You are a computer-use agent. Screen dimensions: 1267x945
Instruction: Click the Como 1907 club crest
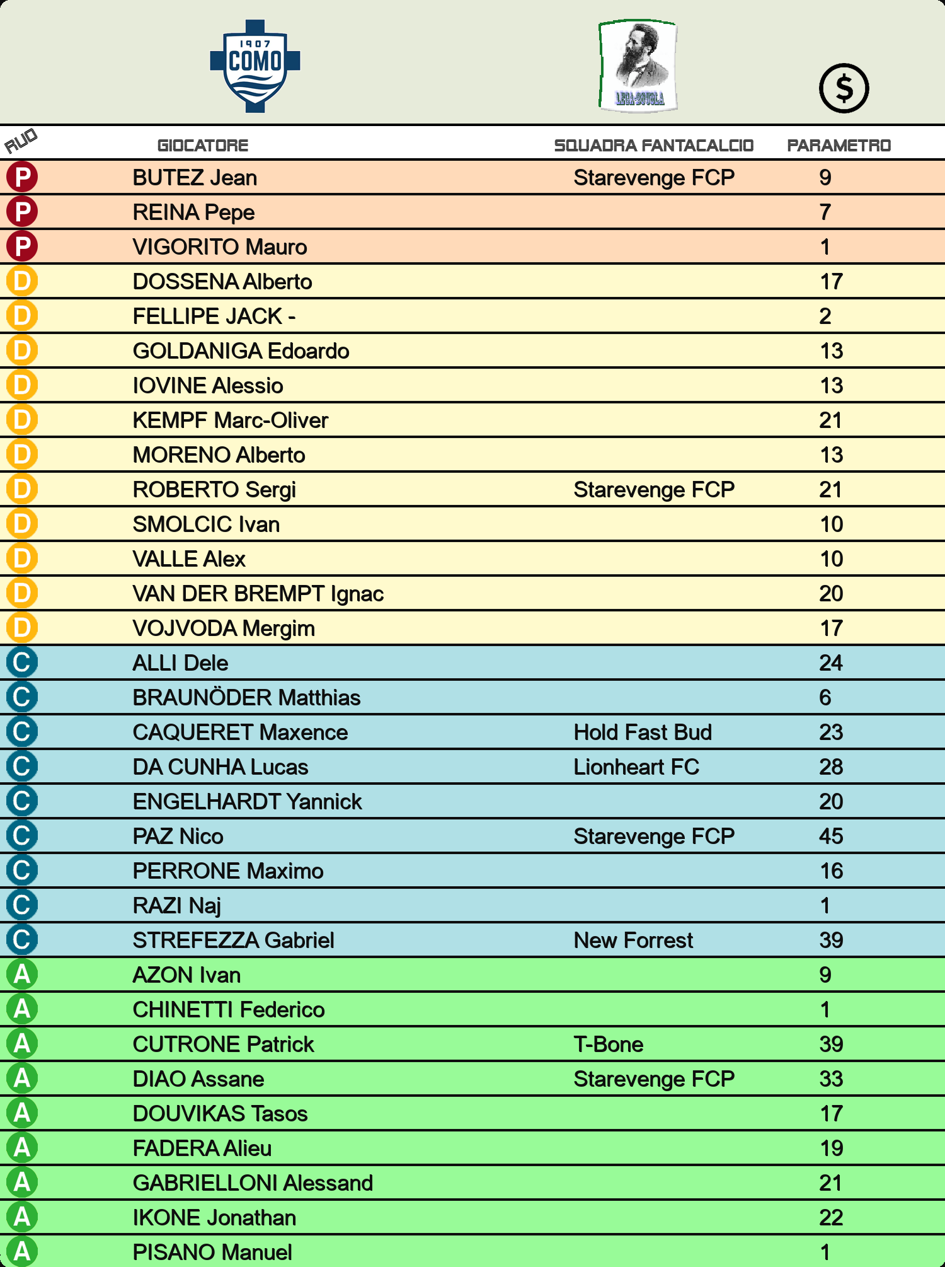(x=255, y=66)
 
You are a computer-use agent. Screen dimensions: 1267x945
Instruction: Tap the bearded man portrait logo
(x=638, y=66)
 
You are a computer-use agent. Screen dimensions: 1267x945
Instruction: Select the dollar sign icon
(x=844, y=88)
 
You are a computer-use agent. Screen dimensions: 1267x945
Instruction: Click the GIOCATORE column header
(x=203, y=146)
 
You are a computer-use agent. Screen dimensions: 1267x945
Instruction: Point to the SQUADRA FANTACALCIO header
(x=653, y=146)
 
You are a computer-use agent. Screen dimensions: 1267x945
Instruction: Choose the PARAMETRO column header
(x=839, y=146)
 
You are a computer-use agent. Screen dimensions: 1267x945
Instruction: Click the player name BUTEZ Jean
(x=195, y=178)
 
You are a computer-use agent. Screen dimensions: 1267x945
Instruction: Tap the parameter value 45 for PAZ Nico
(x=831, y=836)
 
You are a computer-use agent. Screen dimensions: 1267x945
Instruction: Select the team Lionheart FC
(x=636, y=767)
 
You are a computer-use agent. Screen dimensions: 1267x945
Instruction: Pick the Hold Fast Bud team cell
(x=643, y=732)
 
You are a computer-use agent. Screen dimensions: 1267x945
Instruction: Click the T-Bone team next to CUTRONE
(x=609, y=1044)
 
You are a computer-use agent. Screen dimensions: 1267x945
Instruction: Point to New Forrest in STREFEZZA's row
(x=633, y=940)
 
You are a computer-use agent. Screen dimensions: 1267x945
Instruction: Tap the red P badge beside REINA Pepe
(x=22, y=212)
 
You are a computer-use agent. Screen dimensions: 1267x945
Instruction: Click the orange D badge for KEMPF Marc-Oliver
(x=22, y=420)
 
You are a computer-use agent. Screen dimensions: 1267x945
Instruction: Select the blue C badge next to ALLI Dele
(x=22, y=662)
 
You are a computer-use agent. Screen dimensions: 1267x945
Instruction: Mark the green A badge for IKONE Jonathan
(x=22, y=1217)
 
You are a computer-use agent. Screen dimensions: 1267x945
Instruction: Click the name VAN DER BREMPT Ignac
(x=258, y=594)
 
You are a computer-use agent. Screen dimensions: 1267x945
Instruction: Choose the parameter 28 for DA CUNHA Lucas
(x=831, y=767)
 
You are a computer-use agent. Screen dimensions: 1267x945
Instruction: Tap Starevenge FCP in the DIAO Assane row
(x=654, y=1079)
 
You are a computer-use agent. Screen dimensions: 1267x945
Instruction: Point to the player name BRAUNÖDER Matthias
(x=246, y=698)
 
